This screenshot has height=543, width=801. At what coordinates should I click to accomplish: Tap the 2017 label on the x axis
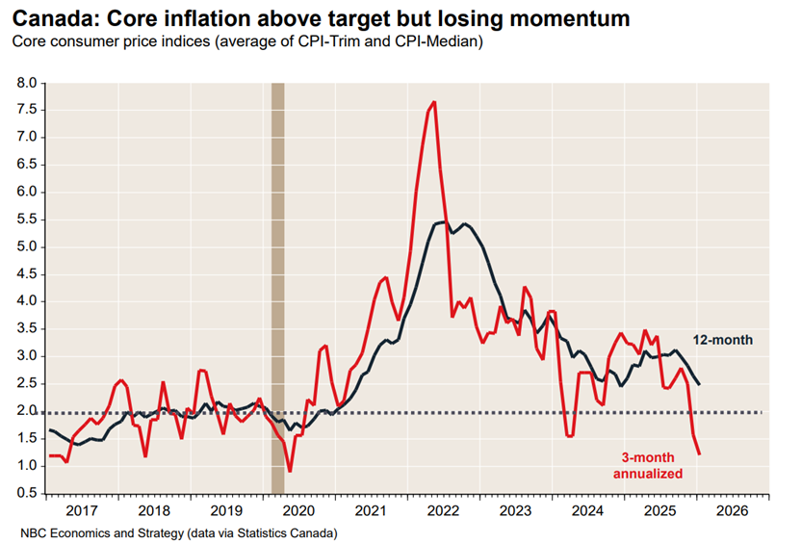pos(82,512)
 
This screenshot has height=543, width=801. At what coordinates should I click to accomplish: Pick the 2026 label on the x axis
pos(732,512)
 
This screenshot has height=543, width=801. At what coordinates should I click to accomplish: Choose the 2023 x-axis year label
pos(515,512)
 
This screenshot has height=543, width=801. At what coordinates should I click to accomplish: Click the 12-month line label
pos(723,340)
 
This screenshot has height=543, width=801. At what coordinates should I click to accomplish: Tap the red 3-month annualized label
pos(648,466)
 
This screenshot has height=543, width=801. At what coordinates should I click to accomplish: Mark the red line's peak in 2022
pos(435,102)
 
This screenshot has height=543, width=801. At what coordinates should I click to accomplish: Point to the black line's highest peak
pos(442,222)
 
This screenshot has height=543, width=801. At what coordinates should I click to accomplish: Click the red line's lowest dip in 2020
pos(290,471)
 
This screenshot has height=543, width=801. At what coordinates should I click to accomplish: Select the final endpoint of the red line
pos(699,453)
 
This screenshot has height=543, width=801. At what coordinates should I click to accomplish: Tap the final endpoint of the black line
pos(699,384)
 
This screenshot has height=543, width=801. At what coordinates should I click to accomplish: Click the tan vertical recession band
pos(278,289)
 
